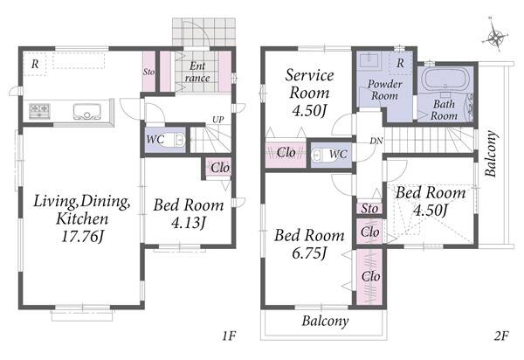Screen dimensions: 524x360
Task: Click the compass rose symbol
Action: point(494,36)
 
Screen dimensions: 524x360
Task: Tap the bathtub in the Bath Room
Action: point(445,79)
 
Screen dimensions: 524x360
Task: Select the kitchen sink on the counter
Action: point(87,111)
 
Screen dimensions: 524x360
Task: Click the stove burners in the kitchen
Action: point(39,111)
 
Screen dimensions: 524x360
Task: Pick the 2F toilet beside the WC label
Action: point(321,156)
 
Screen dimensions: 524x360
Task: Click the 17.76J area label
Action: point(83,237)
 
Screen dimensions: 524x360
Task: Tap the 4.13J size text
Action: point(189,222)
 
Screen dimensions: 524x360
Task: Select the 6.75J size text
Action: point(309,253)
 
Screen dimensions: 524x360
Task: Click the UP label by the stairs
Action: point(217,120)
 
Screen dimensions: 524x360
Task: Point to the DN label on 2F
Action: point(376,141)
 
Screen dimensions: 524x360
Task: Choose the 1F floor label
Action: point(229,336)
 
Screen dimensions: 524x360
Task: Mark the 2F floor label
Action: point(501,336)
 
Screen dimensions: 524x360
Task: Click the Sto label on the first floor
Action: point(148,72)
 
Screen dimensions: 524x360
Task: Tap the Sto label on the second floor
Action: point(369,208)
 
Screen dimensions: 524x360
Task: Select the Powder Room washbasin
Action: point(369,60)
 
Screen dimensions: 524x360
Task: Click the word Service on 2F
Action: point(309,75)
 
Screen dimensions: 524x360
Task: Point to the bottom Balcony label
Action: point(325,321)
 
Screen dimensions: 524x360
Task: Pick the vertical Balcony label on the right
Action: point(491,154)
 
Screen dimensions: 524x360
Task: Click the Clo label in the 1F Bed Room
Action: point(220,168)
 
